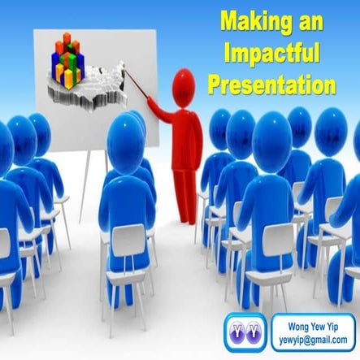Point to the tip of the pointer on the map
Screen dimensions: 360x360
click(124, 71)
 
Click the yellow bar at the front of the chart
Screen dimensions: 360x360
click(69, 78)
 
